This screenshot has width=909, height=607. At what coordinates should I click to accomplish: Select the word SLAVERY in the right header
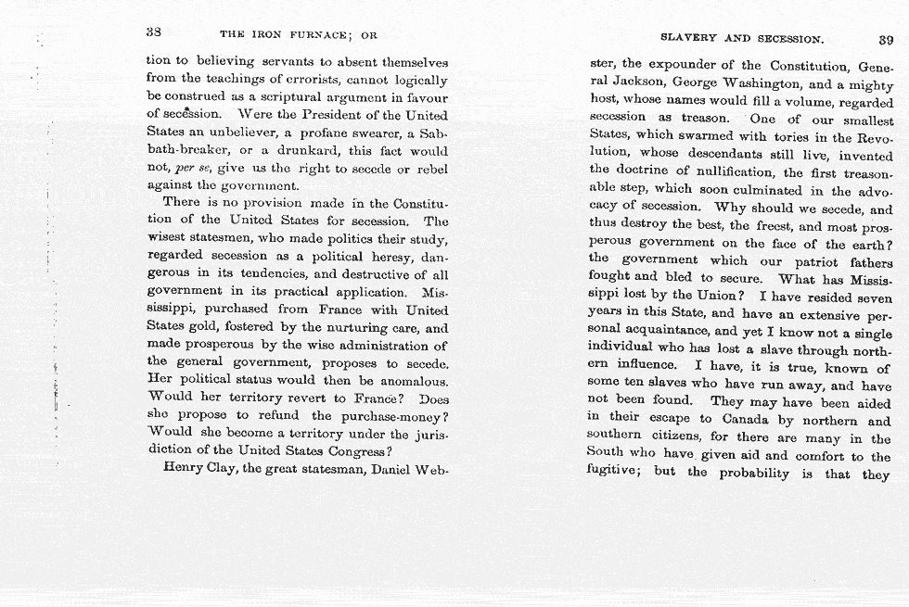pyautogui.click(x=688, y=39)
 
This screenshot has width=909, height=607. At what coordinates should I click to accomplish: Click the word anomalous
pyautogui.click(x=404, y=379)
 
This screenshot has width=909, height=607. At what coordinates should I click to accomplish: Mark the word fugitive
pyautogui.click(x=615, y=473)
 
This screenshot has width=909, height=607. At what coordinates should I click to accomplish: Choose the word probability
pyautogui.click(x=763, y=474)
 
